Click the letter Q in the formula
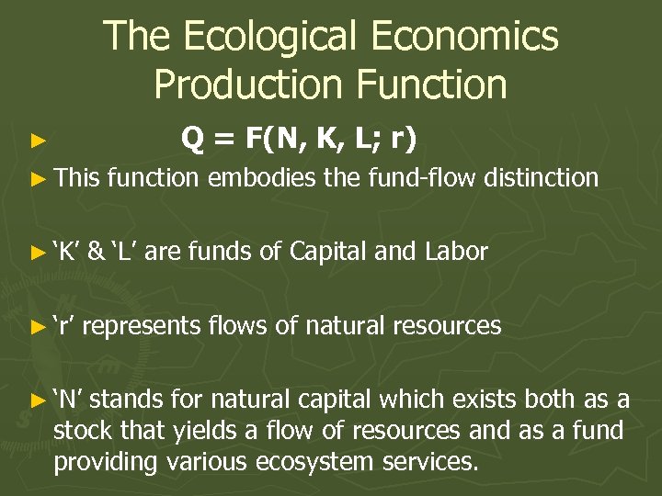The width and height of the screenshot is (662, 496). point(193,139)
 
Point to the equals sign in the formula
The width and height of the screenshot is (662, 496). point(225,140)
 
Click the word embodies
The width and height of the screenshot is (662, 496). point(262,177)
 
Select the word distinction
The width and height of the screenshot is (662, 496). point(541,177)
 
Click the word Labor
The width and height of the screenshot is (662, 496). point(457,251)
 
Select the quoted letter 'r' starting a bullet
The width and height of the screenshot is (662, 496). point(65,325)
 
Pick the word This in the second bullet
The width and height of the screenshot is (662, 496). point(76,177)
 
